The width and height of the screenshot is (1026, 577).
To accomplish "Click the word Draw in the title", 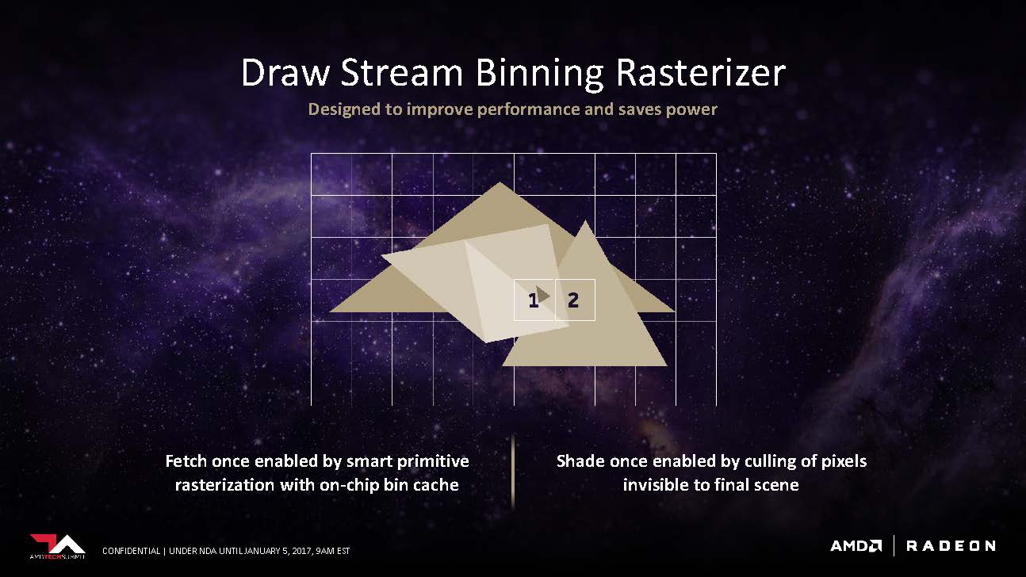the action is coord(285,73).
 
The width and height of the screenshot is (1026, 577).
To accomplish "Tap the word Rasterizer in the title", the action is coord(701,73).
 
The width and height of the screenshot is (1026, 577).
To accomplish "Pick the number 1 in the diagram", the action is coord(533,301).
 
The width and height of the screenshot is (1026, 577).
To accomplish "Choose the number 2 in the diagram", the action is coord(573,300).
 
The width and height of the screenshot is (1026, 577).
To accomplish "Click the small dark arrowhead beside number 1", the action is coord(543,295).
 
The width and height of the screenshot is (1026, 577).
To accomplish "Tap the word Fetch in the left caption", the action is coord(186,460).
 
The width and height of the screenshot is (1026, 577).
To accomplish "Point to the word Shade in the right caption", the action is coord(580,460).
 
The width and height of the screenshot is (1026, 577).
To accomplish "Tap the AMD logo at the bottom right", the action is coord(856,546).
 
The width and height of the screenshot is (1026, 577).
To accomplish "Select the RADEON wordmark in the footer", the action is coord(951,546).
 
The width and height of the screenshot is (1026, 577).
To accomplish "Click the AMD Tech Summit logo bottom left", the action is coord(58,546).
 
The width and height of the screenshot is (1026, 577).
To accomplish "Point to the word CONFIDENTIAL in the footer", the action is coord(131,551).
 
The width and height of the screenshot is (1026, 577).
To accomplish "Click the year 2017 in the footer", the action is coord(302,551).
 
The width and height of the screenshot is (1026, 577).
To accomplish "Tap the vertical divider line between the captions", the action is coord(512,472).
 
